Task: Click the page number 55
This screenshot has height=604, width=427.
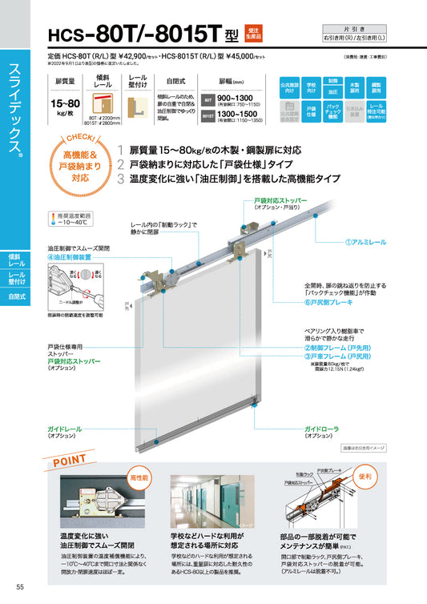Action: click(8, 590)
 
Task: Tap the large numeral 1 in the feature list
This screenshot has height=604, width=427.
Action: click(120, 150)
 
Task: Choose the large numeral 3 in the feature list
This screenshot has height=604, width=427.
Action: click(120, 179)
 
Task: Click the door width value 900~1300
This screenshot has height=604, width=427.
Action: click(240, 99)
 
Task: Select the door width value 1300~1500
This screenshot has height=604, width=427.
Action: click(240, 115)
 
